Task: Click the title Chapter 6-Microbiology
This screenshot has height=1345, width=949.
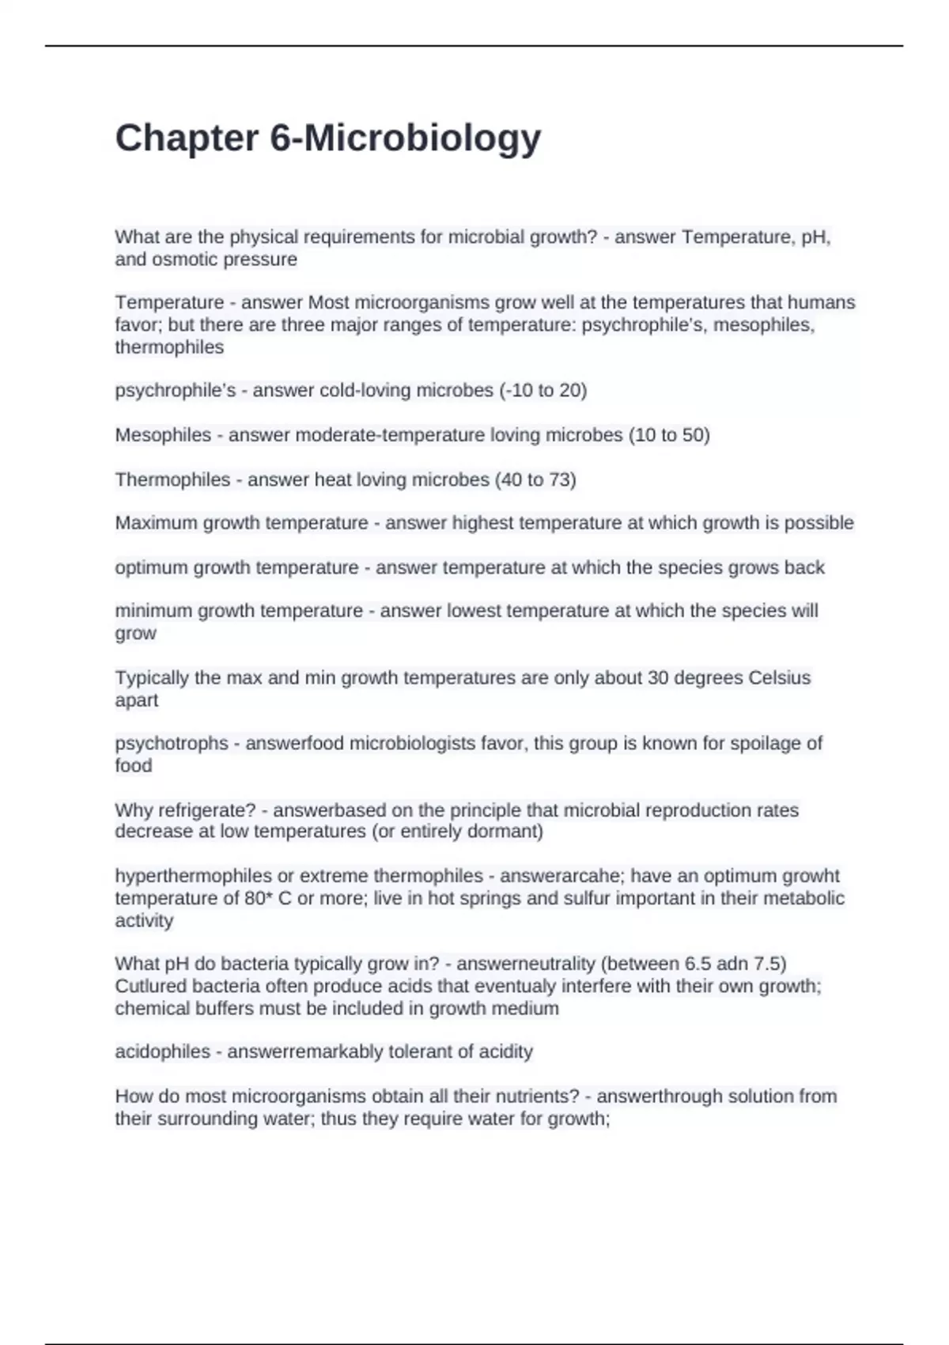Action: pos(328,138)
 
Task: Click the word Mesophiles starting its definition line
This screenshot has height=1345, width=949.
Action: pos(163,435)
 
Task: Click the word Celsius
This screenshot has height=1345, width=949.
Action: pos(779,678)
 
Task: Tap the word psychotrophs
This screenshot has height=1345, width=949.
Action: pos(172,744)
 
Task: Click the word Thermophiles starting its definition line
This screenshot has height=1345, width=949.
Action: pos(172,479)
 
